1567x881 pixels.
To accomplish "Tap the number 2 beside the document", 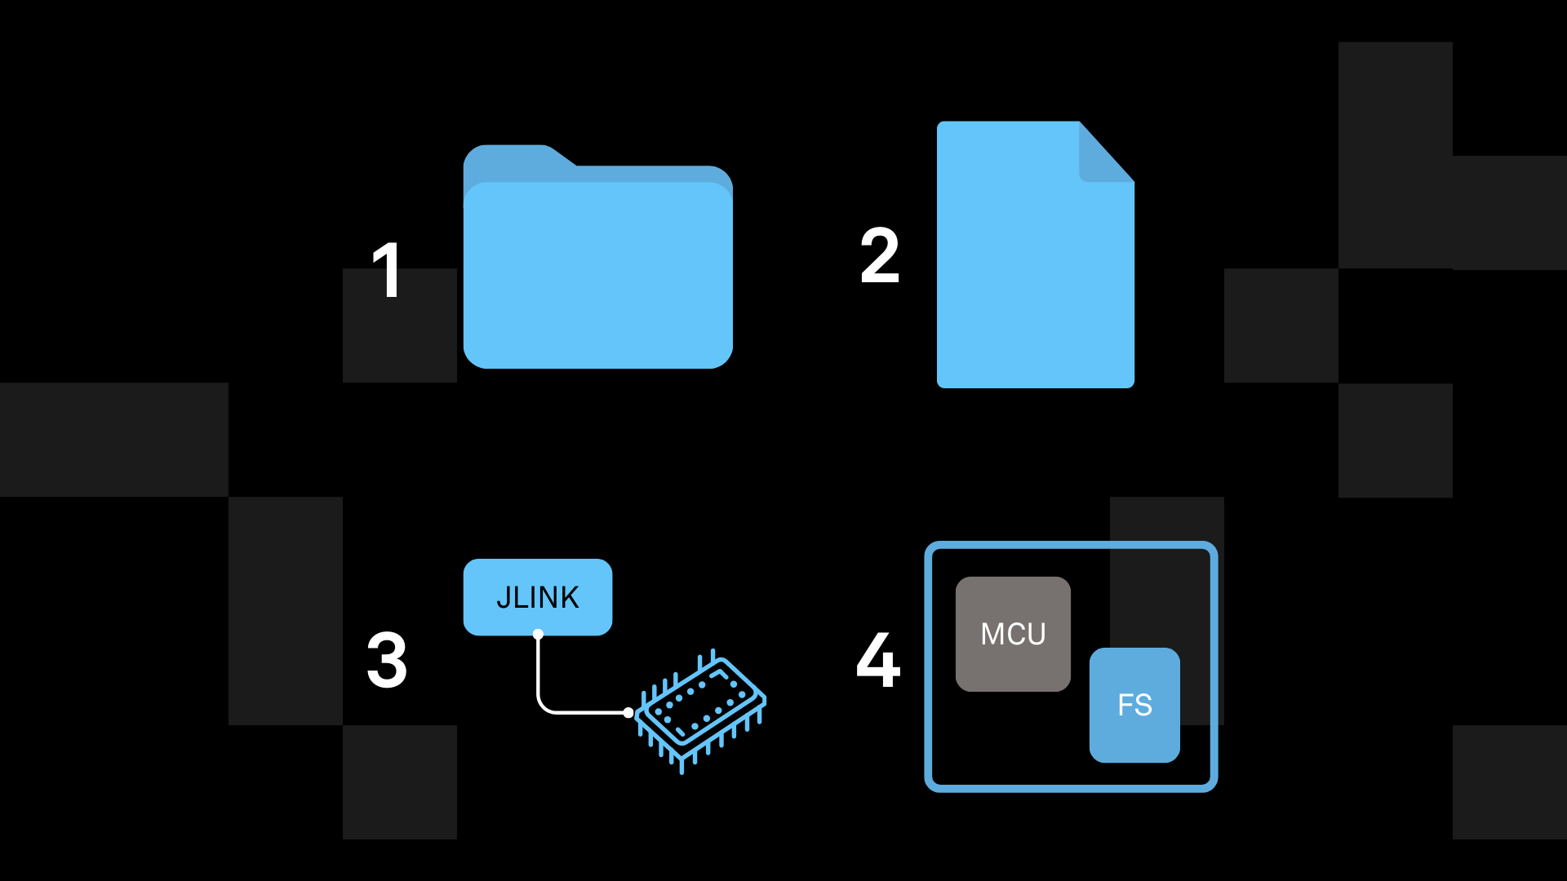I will (880, 256).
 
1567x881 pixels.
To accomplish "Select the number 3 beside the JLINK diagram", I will (387, 660).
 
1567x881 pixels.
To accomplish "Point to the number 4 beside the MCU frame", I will (878, 660).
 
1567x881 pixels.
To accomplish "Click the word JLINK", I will (538, 598).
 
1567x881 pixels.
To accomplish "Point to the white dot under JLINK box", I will (538, 634).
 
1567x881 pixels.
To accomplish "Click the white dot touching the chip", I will (628, 712).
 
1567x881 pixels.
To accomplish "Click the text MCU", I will (1013, 635).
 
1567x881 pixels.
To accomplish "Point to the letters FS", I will (1134, 705).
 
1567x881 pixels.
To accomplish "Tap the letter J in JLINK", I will (503, 599).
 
